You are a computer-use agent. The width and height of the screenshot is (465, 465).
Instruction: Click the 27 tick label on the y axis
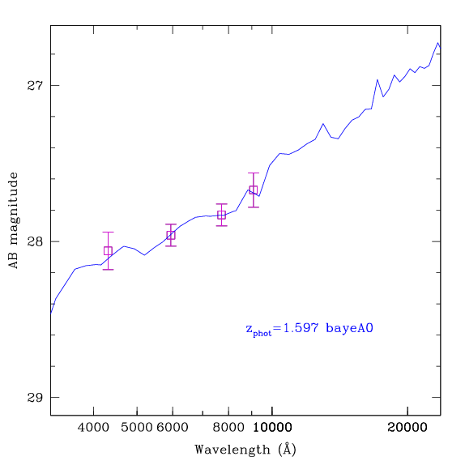(35, 85)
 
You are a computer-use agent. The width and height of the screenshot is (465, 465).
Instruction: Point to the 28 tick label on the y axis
(35, 241)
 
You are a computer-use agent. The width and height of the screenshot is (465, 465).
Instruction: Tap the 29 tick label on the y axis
(35, 398)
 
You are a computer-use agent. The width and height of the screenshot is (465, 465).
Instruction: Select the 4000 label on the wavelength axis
(93, 428)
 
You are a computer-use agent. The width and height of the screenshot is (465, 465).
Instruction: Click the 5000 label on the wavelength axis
(137, 428)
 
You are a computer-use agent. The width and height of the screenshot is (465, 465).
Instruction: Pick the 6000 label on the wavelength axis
(173, 428)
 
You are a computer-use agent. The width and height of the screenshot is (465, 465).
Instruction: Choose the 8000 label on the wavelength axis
(228, 428)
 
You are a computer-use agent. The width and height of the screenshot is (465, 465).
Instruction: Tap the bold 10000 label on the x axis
(272, 428)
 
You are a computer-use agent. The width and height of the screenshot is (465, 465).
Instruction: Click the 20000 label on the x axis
(407, 428)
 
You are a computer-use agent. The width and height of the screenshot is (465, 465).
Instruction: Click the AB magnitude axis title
(13, 220)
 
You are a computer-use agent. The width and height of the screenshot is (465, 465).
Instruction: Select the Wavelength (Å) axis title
(245, 450)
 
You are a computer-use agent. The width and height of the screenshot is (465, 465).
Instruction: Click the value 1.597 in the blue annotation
(301, 328)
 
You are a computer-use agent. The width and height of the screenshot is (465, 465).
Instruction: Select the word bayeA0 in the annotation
(349, 329)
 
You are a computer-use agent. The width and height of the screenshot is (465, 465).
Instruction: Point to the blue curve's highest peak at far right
(437, 43)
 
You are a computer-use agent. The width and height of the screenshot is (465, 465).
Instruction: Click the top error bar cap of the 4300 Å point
(108, 232)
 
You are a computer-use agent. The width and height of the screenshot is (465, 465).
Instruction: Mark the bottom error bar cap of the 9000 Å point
(254, 207)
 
